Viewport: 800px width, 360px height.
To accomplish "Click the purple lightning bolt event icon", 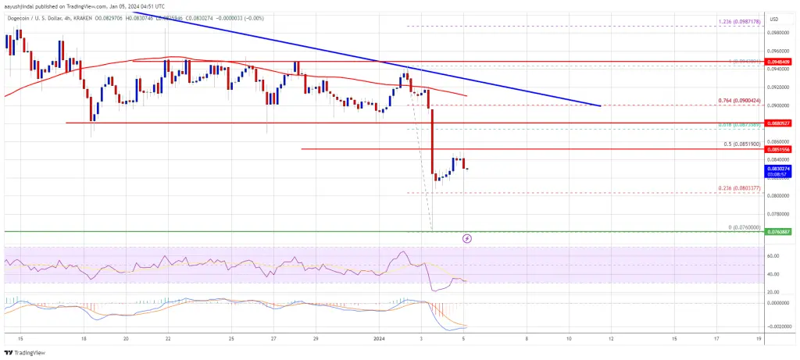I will [467, 238].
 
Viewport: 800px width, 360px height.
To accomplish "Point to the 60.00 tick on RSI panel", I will [775, 255].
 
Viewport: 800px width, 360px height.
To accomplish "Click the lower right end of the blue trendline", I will [600, 105].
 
